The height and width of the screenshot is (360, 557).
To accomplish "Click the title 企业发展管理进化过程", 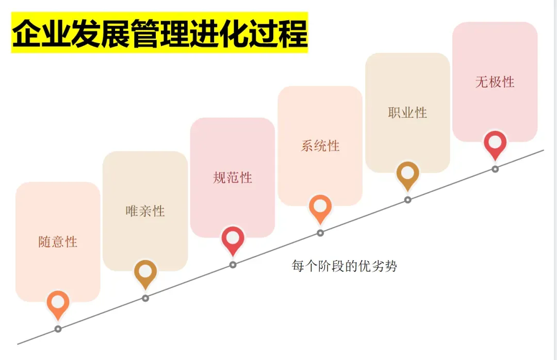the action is click(x=159, y=32).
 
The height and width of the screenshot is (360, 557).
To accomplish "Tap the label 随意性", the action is click(x=58, y=241).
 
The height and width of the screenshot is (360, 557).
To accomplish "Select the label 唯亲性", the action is click(x=145, y=210).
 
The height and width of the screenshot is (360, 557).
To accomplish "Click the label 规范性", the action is click(x=233, y=177).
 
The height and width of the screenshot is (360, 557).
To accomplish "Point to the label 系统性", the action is click(x=320, y=145).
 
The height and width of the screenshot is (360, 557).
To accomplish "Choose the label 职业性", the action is click(x=407, y=112).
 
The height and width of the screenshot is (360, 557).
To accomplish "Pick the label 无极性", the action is click(x=495, y=81).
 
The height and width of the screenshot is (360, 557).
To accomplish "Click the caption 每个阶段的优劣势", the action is click(x=345, y=267).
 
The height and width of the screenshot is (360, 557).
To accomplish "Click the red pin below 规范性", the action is click(x=233, y=239).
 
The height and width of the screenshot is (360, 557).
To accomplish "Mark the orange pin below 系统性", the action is click(x=320, y=207).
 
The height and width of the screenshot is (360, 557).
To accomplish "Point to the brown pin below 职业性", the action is click(x=407, y=174).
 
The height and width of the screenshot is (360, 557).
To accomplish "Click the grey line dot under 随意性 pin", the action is click(x=58, y=329).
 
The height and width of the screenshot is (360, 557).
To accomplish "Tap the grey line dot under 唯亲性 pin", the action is click(x=145, y=298).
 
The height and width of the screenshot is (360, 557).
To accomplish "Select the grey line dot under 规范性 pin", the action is click(x=233, y=265).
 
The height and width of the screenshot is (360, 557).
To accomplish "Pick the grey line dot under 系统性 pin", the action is click(x=320, y=233).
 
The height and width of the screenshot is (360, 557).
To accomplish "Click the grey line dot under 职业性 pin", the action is click(x=407, y=200).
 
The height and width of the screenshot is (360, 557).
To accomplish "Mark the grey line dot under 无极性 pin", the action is click(x=495, y=169).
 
